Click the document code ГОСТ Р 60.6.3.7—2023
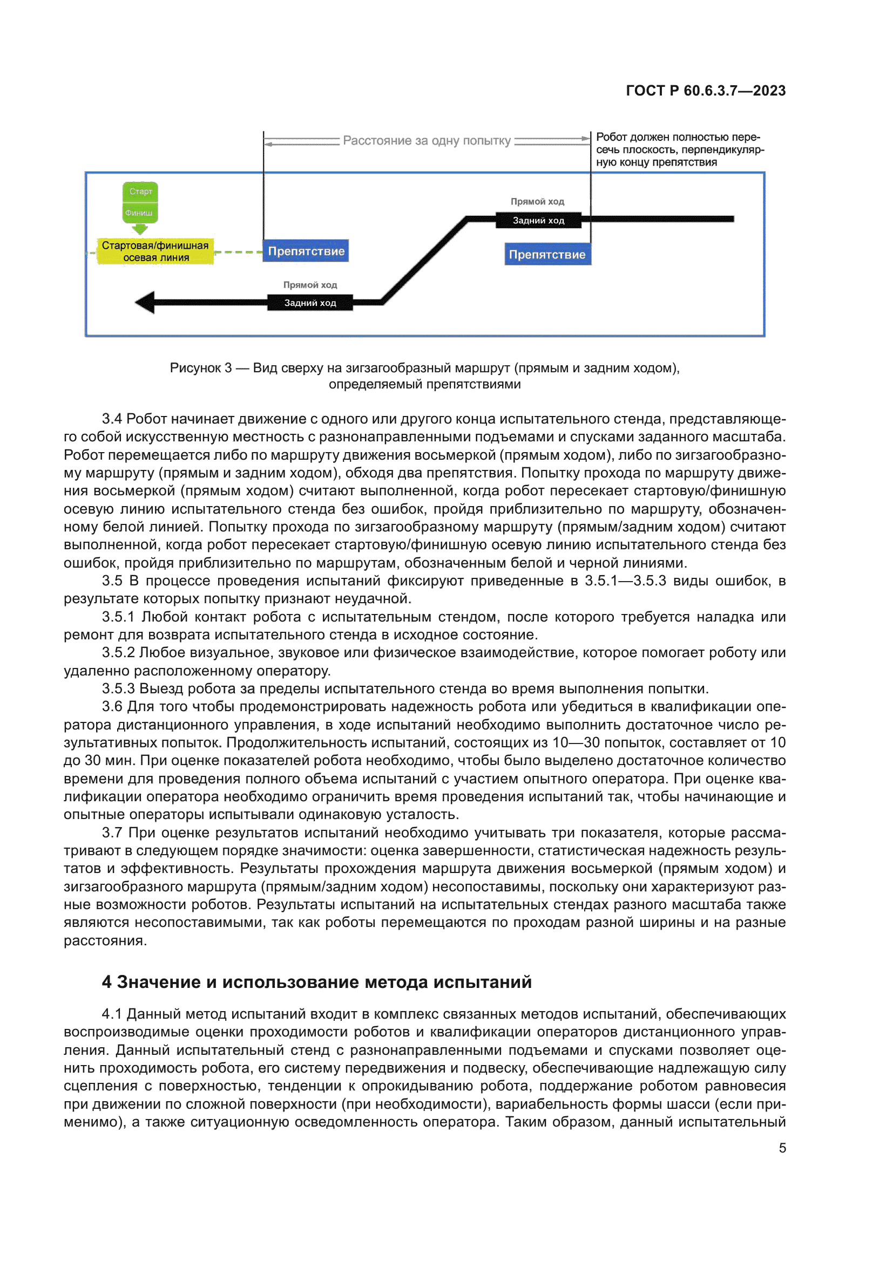point(706,91)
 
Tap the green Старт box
point(140,192)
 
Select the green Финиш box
point(139,213)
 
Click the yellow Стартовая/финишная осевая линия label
point(155,251)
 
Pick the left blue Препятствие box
point(306,251)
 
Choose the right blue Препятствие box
point(547,255)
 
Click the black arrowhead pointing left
point(145,302)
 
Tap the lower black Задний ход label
point(309,303)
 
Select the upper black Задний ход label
point(538,221)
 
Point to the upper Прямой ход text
point(537,202)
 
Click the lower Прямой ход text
point(309,285)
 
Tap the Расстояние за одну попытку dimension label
point(427,141)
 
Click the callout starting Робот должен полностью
point(679,149)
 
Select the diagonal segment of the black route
point(424,261)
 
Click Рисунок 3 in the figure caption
point(200,368)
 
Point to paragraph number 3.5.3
point(118,688)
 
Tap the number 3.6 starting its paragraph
point(112,707)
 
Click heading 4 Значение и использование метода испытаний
point(317,981)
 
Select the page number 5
point(782,1148)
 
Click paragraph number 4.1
point(112,1014)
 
